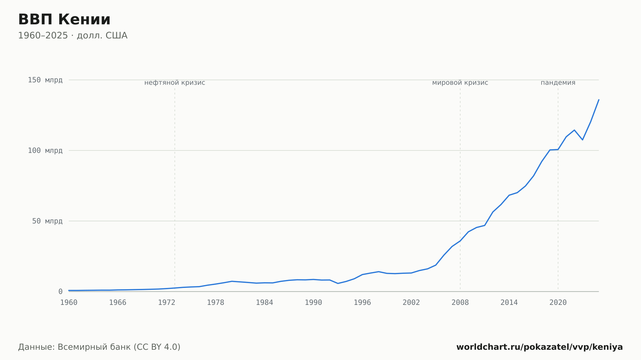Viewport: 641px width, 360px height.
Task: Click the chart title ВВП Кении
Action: [64, 20]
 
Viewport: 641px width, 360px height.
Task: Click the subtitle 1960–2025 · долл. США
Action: [73, 36]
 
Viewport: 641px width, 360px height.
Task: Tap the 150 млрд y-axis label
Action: [45, 80]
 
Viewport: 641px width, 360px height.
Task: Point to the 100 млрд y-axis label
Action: [45, 150]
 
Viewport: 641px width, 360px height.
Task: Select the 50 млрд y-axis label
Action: [47, 221]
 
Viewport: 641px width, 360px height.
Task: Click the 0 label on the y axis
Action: [60, 291]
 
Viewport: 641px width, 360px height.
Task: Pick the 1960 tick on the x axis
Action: [69, 303]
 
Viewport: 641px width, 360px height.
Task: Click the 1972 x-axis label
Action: [167, 303]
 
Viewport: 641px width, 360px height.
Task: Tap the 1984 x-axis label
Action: [264, 303]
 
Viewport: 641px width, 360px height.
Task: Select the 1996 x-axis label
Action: [362, 303]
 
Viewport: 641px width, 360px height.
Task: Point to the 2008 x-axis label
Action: [460, 303]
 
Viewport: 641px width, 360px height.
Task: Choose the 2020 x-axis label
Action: [558, 303]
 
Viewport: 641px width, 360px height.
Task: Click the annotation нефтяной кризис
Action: [175, 83]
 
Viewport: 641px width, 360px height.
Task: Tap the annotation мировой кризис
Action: [460, 83]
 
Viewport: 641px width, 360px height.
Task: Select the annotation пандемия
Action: [558, 83]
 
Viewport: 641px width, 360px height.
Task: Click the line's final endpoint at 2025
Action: [599, 100]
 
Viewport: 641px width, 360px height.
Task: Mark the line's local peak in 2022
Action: [574, 130]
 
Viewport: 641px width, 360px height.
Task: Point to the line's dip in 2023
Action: [582, 140]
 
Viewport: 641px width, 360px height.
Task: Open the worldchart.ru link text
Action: [539, 347]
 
